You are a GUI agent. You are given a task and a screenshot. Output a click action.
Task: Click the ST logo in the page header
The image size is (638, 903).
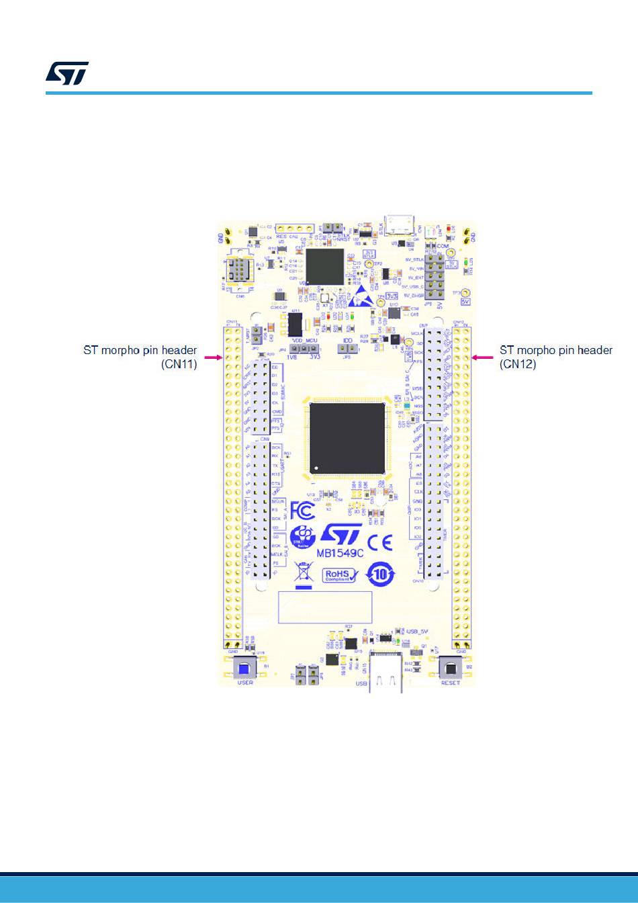tap(67, 74)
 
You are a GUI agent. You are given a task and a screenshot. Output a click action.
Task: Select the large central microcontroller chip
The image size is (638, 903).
tap(347, 437)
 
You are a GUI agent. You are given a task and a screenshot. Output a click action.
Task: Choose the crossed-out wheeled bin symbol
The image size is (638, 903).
tap(304, 572)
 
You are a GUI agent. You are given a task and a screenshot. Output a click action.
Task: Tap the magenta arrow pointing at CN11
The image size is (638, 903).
tap(213, 358)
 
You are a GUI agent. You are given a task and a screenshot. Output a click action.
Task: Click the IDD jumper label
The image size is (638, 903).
tap(347, 341)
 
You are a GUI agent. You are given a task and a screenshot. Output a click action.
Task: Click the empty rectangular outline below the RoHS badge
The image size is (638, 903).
tap(326, 607)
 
